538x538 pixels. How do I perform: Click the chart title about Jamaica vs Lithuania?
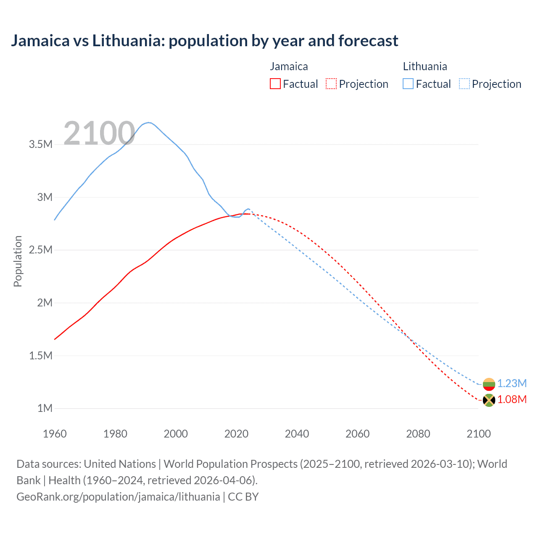[204, 41]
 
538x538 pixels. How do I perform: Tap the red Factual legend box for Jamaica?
[275, 84]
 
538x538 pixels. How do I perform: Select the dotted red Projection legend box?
[331, 84]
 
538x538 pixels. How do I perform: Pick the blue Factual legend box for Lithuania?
[408, 84]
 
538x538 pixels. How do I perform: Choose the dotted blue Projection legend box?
[464, 84]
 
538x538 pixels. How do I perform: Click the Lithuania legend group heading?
[425, 66]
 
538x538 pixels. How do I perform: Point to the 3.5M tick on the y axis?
[40, 145]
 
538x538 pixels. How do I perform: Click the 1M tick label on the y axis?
[45, 408]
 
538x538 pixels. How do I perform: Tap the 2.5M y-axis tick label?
[40, 250]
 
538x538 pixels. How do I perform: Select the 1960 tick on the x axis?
[55, 434]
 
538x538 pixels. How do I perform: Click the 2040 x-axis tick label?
[297, 434]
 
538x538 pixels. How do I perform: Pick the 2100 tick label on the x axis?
[478, 434]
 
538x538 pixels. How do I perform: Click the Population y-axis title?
[18, 261]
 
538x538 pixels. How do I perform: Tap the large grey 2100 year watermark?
[99, 134]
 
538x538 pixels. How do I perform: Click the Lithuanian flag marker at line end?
[489, 384]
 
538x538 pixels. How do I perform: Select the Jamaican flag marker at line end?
[489, 400]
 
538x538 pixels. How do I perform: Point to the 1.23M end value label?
[512, 383]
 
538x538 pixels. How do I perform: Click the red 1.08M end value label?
[512, 400]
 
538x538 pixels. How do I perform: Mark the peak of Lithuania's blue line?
[148, 122]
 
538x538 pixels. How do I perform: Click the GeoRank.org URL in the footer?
[118, 497]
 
